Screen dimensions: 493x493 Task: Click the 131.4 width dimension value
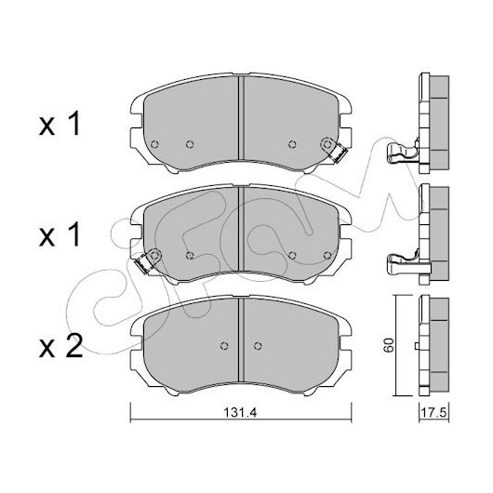pos(240,412)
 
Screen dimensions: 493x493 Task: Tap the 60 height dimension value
pos(389,345)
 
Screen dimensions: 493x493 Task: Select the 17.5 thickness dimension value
pos(433,412)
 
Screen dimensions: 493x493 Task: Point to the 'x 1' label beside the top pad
pos(60,125)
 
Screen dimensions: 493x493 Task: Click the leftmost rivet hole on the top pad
pos(154,144)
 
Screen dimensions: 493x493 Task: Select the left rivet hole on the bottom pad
pos(224,346)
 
